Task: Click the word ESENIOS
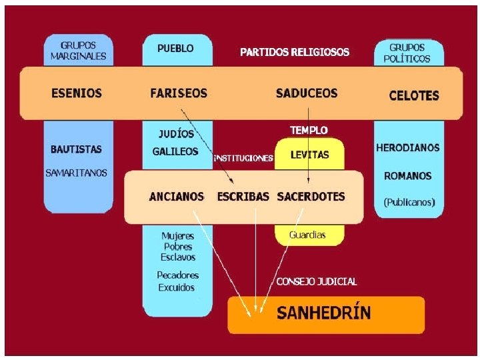tap(77, 93)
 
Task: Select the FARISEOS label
tap(179, 93)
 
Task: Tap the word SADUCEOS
tap(307, 93)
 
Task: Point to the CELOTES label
tap(414, 95)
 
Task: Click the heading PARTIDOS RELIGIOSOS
tap(294, 52)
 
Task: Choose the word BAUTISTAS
tap(76, 149)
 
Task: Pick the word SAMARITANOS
tap(76, 173)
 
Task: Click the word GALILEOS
tap(175, 151)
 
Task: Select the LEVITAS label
tap(309, 155)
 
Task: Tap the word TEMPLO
tap(309, 130)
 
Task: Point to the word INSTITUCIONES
tap(243, 159)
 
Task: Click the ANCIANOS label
tap(177, 197)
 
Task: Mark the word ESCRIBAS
tap(243, 197)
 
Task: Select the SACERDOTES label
tap(311, 197)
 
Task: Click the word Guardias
tap(307, 235)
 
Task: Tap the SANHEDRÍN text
tap(324, 313)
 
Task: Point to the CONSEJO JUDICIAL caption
tap(317, 281)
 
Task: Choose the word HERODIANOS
tap(408, 147)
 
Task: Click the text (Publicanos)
tap(409, 201)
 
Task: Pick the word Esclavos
tap(178, 257)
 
